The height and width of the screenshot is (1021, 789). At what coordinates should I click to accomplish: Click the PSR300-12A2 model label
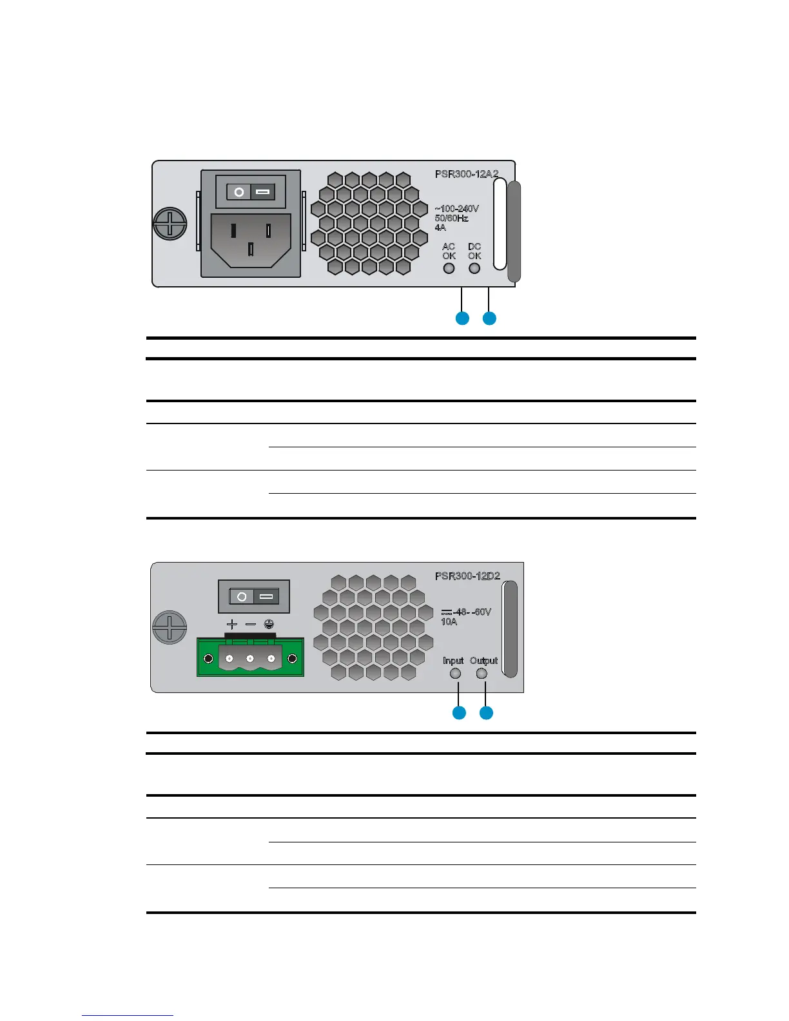point(466,174)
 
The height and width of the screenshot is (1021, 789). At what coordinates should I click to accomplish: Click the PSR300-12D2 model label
point(467,576)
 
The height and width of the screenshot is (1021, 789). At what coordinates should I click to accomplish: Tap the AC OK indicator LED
point(449,267)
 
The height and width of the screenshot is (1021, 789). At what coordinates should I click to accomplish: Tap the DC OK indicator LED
point(475,267)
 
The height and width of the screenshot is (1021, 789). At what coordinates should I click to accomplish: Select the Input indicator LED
point(455,674)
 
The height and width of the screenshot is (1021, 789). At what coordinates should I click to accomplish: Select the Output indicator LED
point(482,674)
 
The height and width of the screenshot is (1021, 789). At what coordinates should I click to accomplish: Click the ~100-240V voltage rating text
point(456,209)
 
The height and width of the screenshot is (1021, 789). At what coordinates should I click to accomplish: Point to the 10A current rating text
point(449,622)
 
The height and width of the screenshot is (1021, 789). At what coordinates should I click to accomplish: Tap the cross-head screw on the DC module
point(170,627)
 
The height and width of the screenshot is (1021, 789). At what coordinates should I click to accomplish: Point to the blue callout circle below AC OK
point(462,318)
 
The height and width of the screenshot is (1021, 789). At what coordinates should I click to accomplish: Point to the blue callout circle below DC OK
point(489,318)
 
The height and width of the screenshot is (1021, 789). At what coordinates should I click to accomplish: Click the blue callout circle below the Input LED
point(459,713)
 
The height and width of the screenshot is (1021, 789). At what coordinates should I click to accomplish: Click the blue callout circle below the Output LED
point(486,713)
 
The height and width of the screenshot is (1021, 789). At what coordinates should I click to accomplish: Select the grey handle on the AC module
point(514,232)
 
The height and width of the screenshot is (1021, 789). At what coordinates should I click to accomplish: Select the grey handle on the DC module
point(510,629)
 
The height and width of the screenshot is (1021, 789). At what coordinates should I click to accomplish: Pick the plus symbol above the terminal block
point(232,625)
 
